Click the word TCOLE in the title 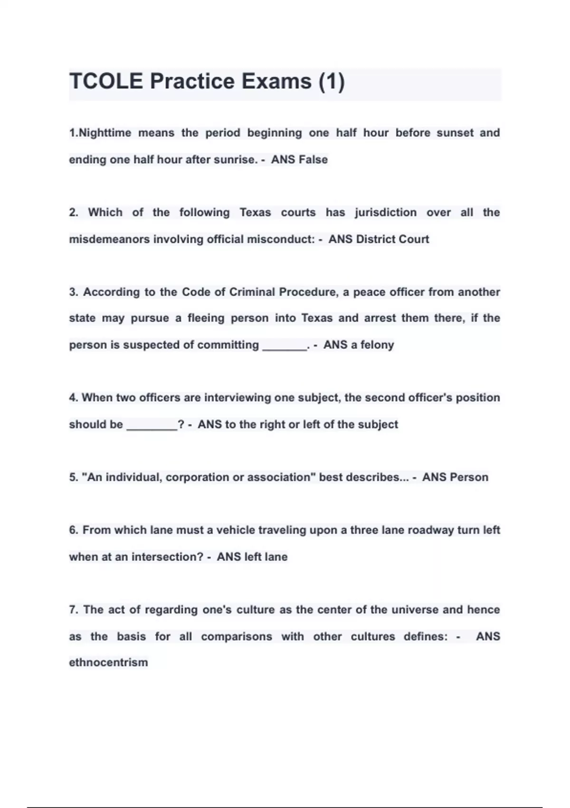coord(106,81)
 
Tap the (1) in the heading coord(331,81)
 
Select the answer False coord(313,160)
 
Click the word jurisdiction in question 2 coord(385,212)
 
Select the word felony coord(377,345)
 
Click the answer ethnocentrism coord(108,662)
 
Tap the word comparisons coord(237,636)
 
